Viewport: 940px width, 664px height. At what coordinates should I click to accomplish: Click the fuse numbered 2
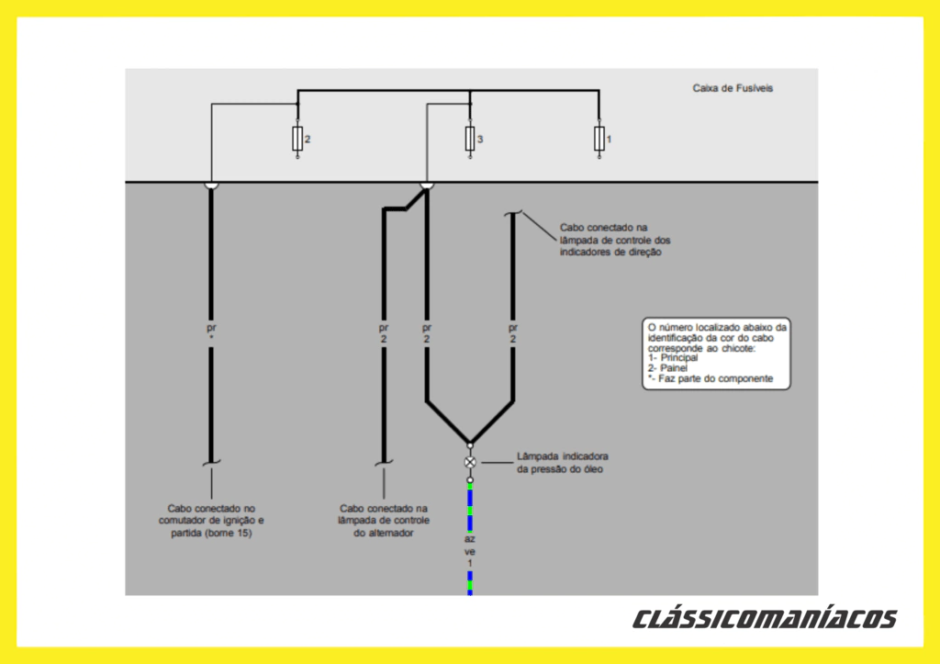pyautogui.click(x=297, y=140)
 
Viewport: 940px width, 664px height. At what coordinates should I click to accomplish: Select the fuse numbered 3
pyautogui.click(x=469, y=140)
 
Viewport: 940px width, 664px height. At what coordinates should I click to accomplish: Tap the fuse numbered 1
pyautogui.click(x=599, y=140)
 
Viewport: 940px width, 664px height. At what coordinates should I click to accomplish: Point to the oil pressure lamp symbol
pyautogui.click(x=470, y=462)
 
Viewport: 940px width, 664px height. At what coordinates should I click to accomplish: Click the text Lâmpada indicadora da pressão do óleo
pyautogui.click(x=562, y=463)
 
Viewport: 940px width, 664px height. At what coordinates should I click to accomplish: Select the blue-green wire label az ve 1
pyautogui.click(x=469, y=551)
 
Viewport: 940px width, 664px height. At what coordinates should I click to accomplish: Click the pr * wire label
pyautogui.click(x=211, y=332)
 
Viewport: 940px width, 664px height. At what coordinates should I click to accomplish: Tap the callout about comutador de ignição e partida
pyautogui.click(x=210, y=520)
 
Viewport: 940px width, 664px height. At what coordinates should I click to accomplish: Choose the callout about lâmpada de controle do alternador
pyautogui.click(x=384, y=520)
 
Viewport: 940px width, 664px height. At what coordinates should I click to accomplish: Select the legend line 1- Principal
pyautogui.click(x=673, y=357)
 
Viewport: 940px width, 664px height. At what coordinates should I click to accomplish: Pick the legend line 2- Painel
pyautogui.click(x=667, y=368)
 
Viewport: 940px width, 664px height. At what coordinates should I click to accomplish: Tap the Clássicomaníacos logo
pyautogui.click(x=764, y=618)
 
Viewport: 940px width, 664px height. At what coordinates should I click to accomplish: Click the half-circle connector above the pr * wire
pyautogui.click(x=211, y=186)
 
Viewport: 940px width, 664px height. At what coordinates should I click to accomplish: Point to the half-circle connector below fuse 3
pyautogui.click(x=426, y=186)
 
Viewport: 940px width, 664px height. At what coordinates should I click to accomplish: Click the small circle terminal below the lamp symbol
pyautogui.click(x=470, y=479)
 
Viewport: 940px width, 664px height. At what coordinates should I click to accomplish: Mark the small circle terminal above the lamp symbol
pyautogui.click(x=470, y=445)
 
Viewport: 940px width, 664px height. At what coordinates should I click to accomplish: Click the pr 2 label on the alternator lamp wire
pyautogui.click(x=384, y=332)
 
